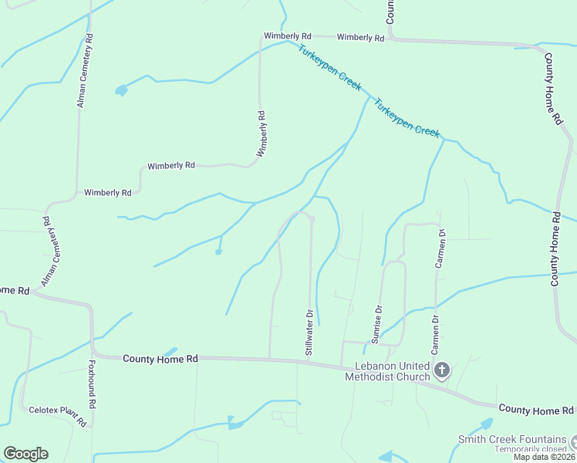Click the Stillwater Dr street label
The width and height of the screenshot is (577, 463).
(x=310, y=333)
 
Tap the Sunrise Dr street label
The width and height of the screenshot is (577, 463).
(x=378, y=324)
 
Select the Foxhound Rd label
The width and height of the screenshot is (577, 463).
(x=91, y=384)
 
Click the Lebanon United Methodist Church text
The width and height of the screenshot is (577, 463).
(x=392, y=371)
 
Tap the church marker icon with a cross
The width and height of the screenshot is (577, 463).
(x=442, y=371)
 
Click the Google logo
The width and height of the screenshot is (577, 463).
(x=25, y=454)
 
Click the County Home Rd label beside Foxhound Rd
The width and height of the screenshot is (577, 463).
(x=160, y=359)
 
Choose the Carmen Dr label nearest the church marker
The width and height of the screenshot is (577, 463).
(x=436, y=330)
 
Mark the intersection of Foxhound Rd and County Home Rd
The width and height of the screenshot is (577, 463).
(x=92, y=356)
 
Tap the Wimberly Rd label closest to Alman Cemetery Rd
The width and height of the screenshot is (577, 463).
(x=108, y=192)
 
